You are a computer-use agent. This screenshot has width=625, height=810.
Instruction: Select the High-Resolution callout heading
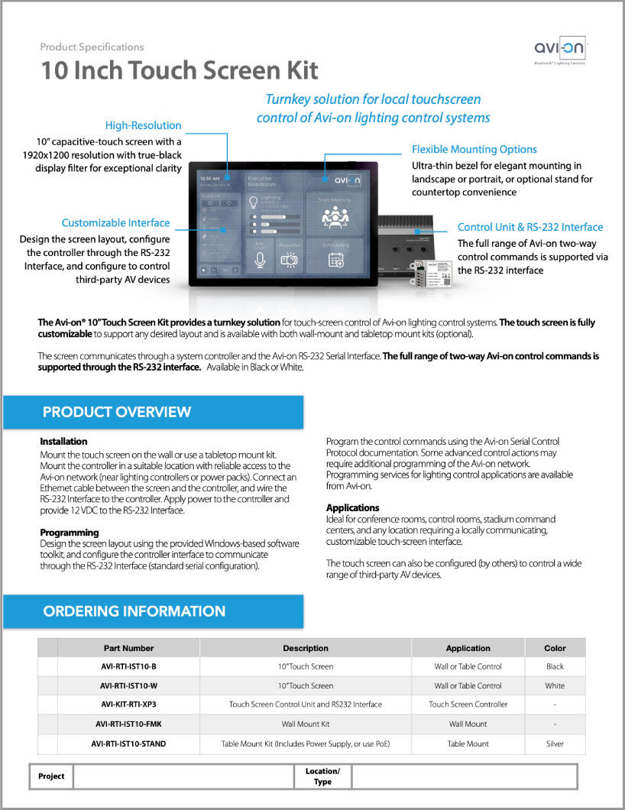click(x=143, y=125)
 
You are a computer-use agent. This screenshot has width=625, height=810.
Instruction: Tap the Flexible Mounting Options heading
click(x=474, y=150)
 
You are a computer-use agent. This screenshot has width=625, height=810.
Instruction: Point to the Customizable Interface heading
click(x=115, y=223)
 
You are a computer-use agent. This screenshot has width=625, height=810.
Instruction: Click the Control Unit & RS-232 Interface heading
click(x=529, y=227)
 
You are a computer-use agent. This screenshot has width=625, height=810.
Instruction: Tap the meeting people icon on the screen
click(x=335, y=218)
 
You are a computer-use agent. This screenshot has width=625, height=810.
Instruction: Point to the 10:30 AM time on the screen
click(x=209, y=179)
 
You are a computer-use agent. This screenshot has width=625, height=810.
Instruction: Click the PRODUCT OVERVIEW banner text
click(x=116, y=413)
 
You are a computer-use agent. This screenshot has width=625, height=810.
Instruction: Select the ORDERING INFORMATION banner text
click(x=134, y=611)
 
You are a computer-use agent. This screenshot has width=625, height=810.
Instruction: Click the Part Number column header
click(x=128, y=648)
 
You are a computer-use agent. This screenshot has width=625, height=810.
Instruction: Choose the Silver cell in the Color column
click(x=555, y=744)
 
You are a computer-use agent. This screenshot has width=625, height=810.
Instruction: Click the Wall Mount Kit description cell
click(x=306, y=724)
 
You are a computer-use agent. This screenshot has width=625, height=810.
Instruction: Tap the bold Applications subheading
click(x=352, y=507)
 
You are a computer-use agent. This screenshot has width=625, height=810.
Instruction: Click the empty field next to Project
click(x=183, y=776)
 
